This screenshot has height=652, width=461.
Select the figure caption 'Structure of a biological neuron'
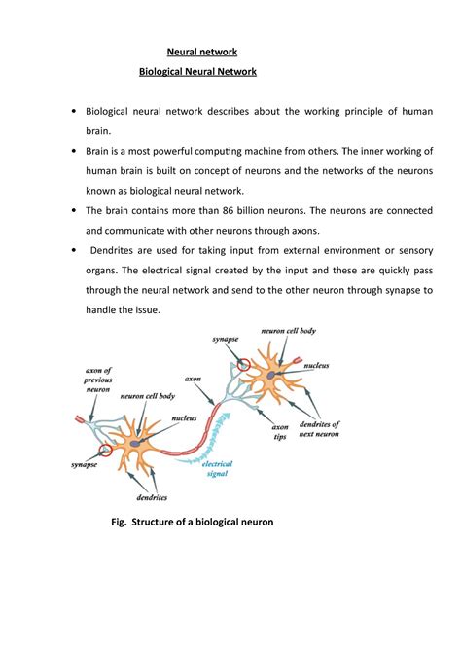pos(206,522)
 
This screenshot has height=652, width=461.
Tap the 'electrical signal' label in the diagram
pos(217,471)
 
